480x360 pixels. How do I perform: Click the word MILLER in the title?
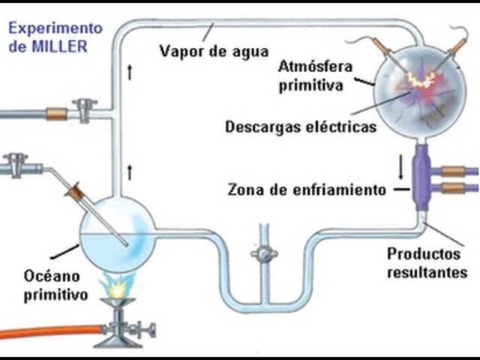pos(64,46)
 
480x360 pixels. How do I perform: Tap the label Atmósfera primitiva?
pos(310,76)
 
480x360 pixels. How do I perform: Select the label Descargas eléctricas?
pos(300,127)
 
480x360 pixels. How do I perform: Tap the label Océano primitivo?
pos(53,284)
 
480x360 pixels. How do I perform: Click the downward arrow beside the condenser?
pos(400,166)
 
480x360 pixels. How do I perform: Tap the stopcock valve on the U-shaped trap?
pos(263,254)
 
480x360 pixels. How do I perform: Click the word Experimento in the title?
pos(54,28)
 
